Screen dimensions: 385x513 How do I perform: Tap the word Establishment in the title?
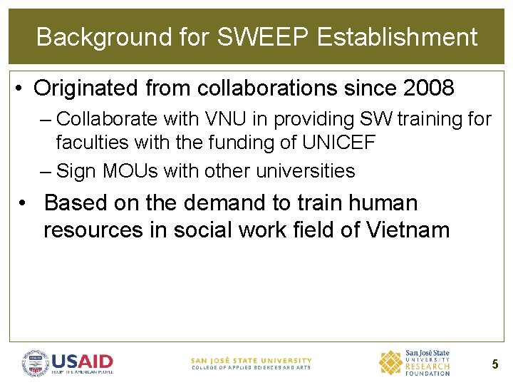397,37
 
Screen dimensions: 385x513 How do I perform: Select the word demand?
219,203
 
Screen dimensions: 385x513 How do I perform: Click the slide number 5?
494,365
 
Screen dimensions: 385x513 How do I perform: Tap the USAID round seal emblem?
35,364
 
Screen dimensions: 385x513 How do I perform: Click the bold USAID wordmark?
82,361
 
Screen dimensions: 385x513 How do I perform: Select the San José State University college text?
251,364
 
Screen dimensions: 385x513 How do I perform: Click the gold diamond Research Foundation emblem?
390,363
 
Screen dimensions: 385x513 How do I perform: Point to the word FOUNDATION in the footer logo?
427,373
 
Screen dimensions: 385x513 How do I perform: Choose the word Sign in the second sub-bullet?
76,171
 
